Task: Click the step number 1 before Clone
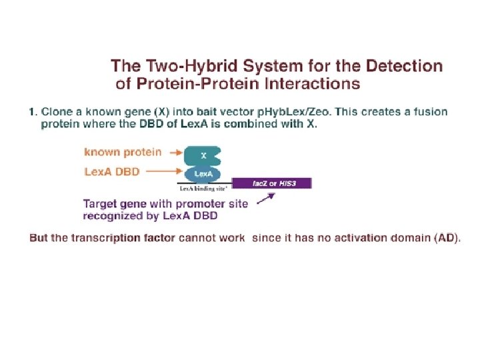pyautogui.click(x=33, y=111)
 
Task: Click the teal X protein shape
pyautogui.click(x=203, y=156)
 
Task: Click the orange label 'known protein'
pyautogui.click(x=123, y=152)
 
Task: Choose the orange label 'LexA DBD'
pyautogui.click(x=112, y=171)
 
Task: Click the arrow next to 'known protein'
pyautogui.click(x=176, y=153)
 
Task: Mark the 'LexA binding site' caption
pyautogui.click(x=205, y=189)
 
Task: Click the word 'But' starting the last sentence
pyautogui.click(x=39, y=238)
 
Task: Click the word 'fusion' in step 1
pyautogui.click(x=431, y=111)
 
